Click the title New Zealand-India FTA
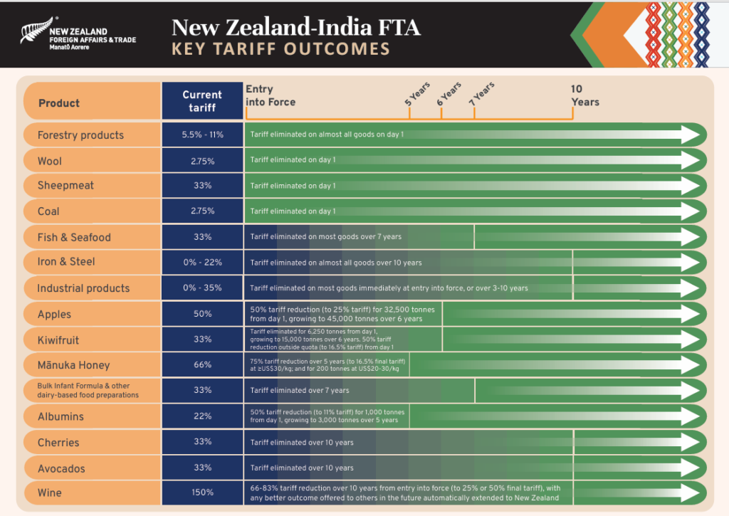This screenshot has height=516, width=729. click(295, 28)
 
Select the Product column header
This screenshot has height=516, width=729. click(59, 103)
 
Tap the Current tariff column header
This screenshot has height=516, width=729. click(202, 101)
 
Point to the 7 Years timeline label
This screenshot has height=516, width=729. click(483, 92)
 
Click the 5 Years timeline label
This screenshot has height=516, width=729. click(418, 93)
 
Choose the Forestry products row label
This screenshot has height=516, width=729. click(80, 135)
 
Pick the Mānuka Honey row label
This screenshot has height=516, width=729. click(74, 365)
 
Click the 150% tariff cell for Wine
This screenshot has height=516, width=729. click(202, 493)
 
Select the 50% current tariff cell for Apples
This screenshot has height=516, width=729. click(202, 314)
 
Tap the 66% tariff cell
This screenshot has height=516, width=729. click(202, 365)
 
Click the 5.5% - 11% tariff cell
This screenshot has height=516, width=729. click(202, 135)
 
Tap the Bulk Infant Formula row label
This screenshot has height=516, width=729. click(88, 390)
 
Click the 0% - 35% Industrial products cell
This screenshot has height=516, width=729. click(202, 288)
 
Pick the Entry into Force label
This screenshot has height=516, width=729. click(271, 95)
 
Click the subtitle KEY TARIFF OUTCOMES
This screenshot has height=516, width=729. click(281, 49)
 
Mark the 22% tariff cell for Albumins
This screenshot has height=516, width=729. click(202, 416)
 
